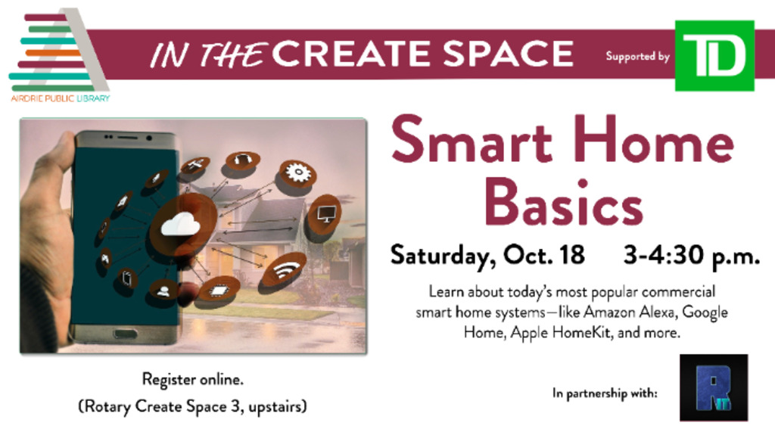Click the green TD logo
tap(714, 55)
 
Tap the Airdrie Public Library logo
tap(59, 55)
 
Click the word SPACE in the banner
tap(508, 54)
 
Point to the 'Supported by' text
tap(637, 56)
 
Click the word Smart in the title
tap(472, 139)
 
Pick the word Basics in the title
tap(563, 202)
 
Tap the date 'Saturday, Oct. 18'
tap(487, 256)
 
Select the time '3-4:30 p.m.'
tap(692, 256)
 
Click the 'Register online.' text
tap(193, 379)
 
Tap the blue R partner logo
tap(714, 387)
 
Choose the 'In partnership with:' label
tap(605, 393)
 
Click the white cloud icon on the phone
tap(181, 224)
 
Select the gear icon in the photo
tap(297, 173)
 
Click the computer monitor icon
tap(326, 213)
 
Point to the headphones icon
tap(242, 160)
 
